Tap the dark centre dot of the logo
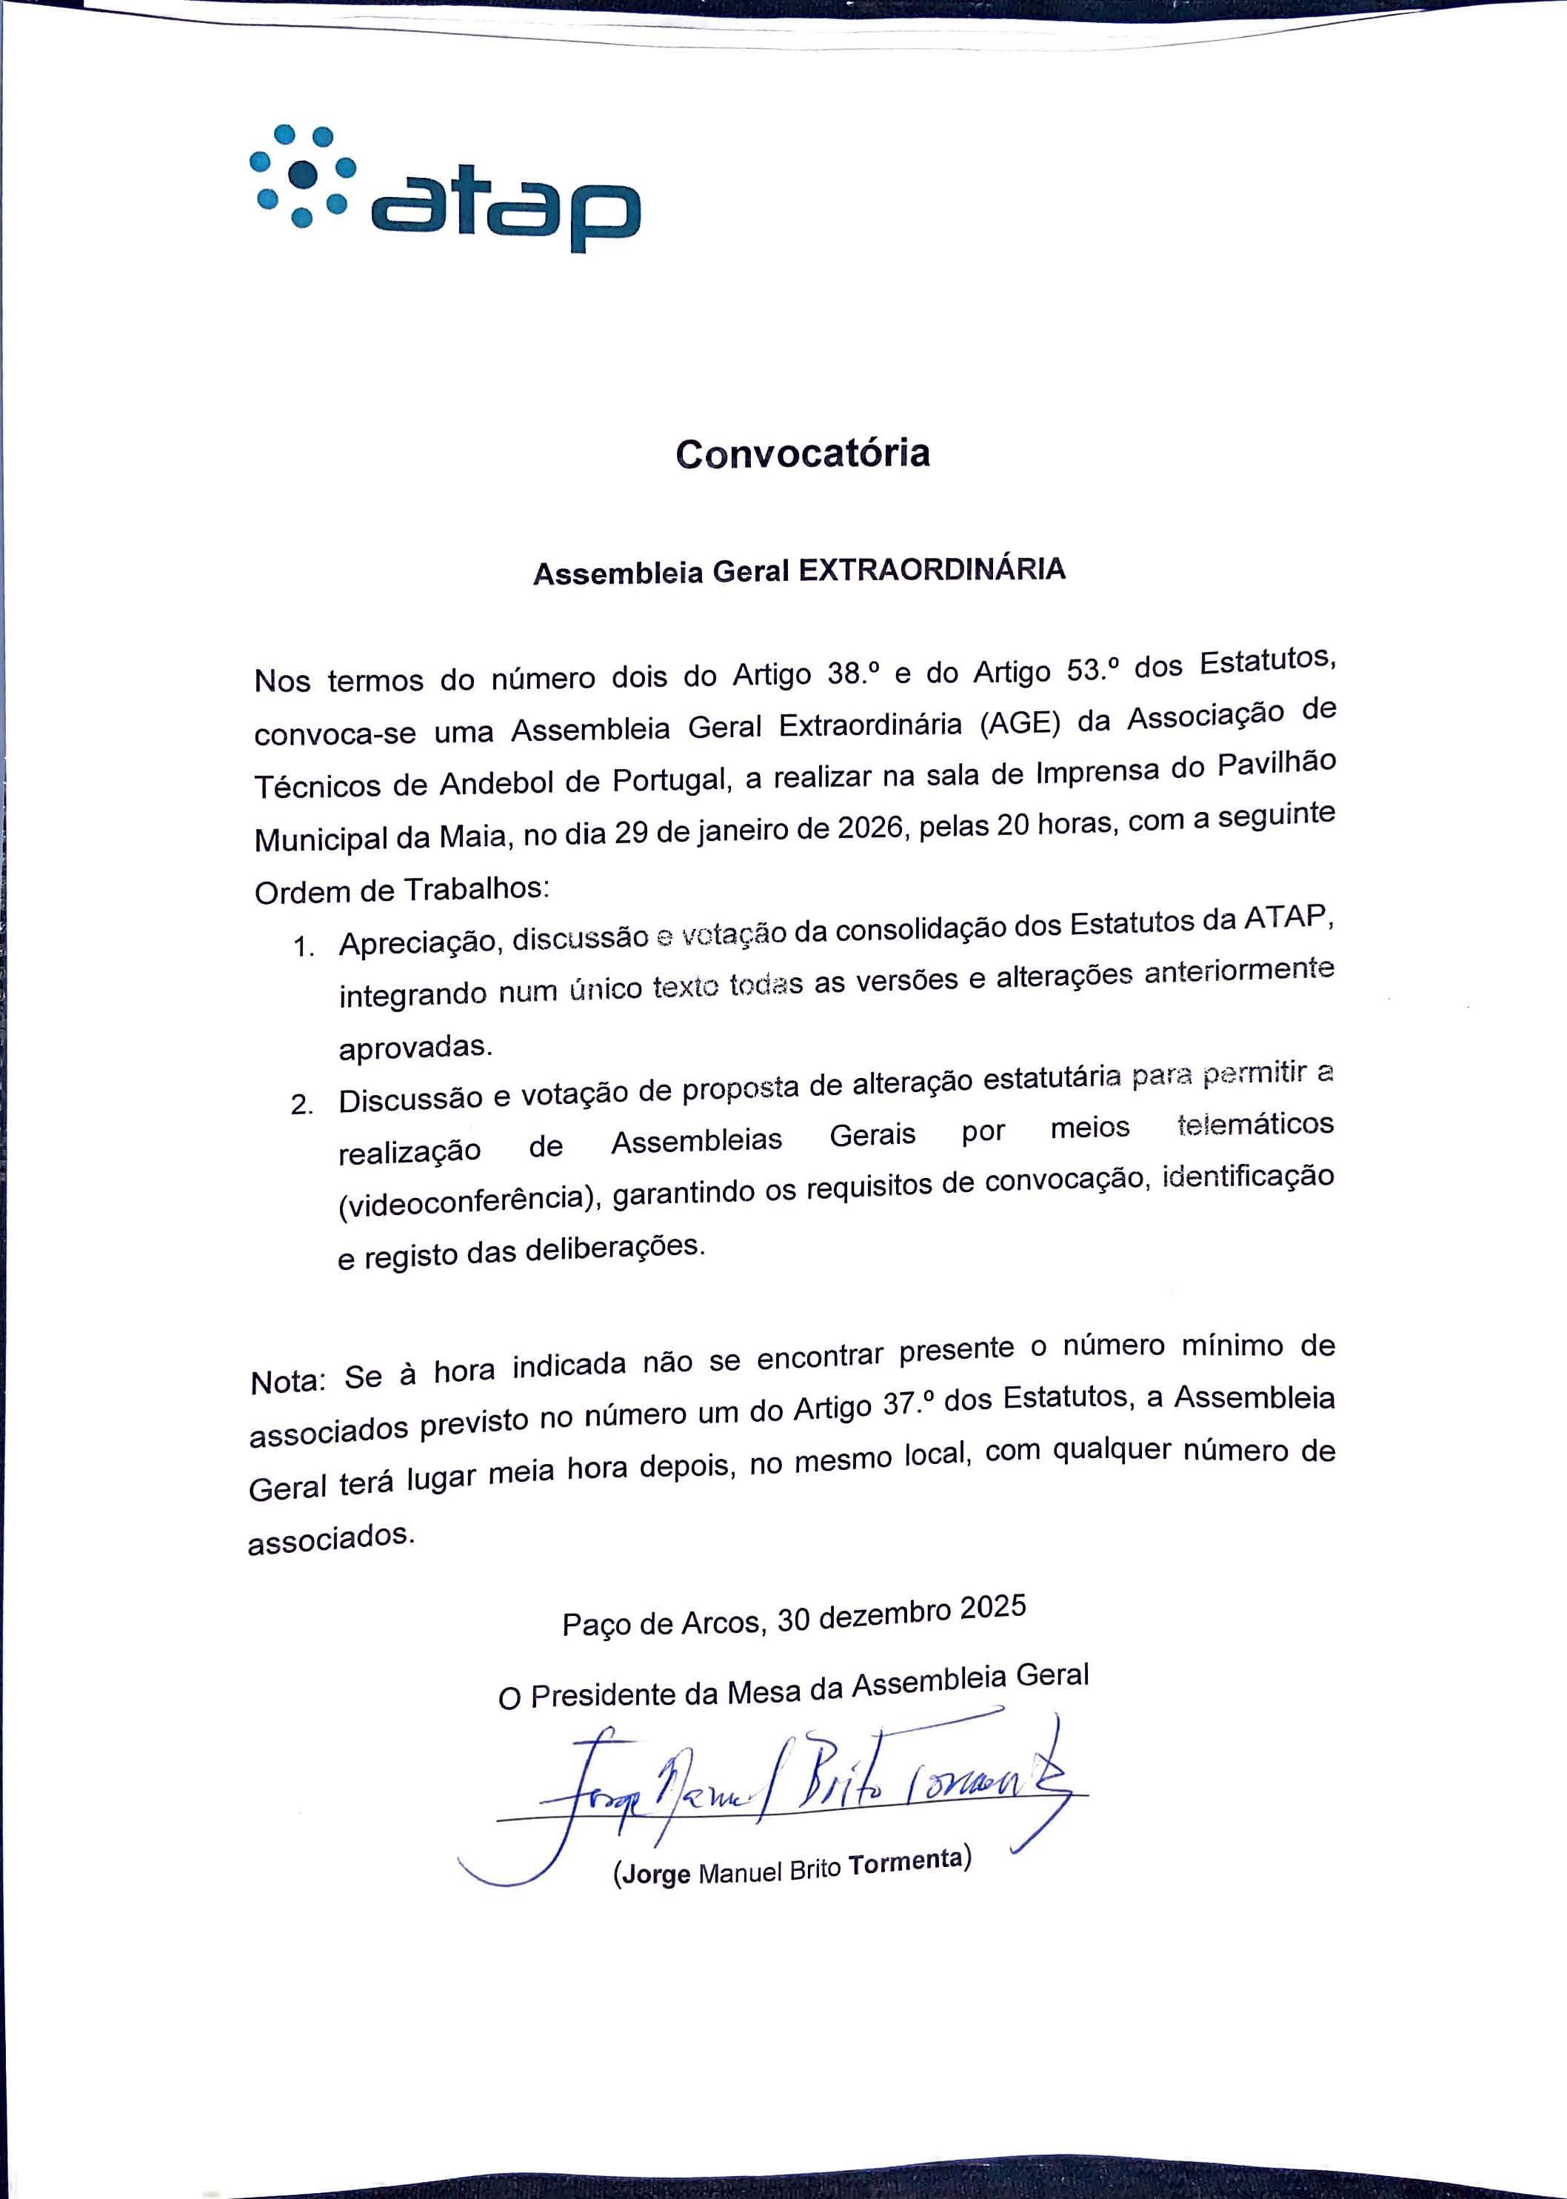(x=303, y=174)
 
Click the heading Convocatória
(x=802, y=453)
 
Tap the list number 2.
(x=302, y=1105)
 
